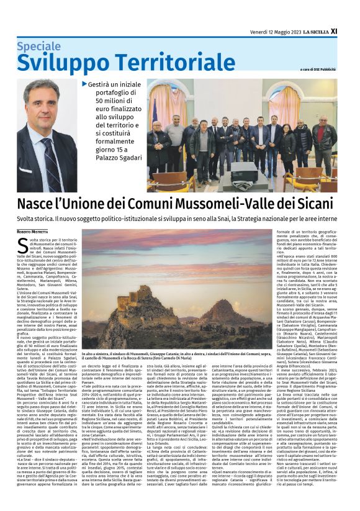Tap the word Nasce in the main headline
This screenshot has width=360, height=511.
(39, 204)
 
